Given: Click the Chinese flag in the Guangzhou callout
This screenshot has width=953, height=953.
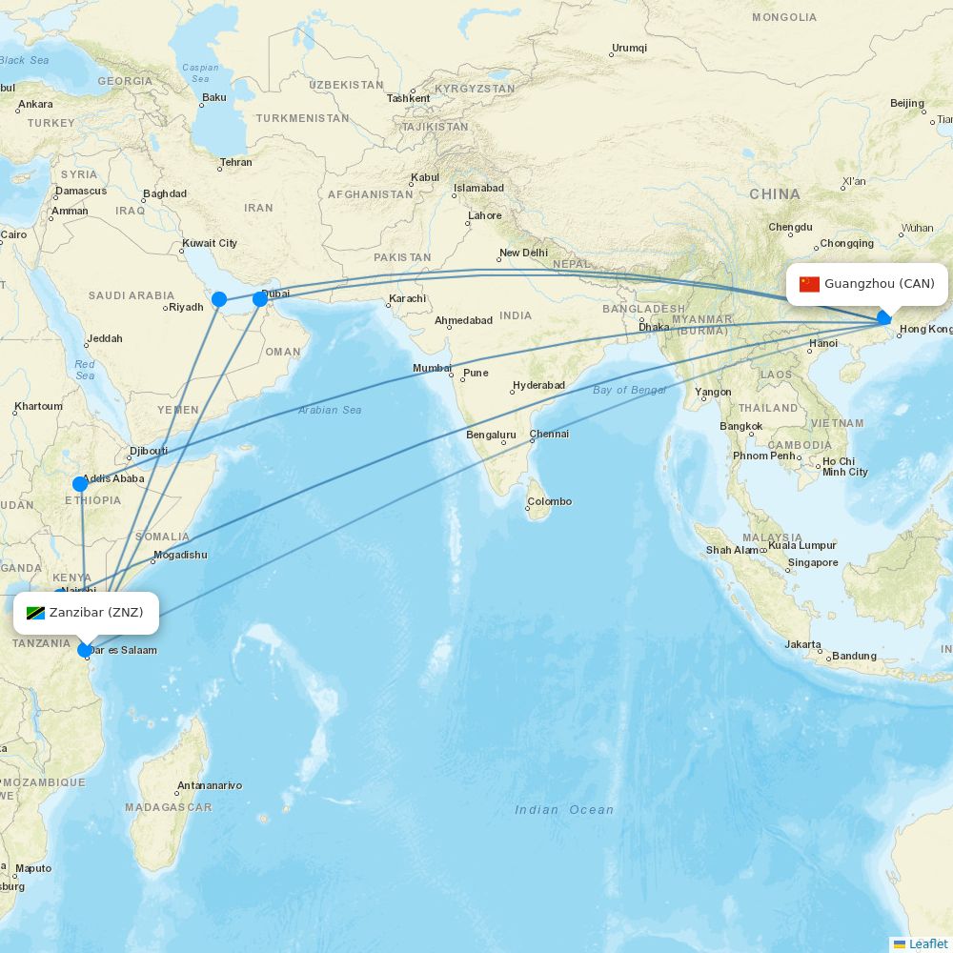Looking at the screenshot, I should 809,284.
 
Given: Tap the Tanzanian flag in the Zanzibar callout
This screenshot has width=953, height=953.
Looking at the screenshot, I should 36,613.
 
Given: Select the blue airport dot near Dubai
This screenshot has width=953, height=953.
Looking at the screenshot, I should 259,299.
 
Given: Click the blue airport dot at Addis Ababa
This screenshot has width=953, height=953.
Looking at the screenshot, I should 80,484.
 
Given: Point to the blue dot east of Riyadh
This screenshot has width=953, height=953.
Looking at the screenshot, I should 218,299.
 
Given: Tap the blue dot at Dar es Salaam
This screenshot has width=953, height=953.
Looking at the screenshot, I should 84,650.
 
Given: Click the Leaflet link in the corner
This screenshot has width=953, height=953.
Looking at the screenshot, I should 927,943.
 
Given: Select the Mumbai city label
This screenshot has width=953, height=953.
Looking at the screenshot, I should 432,369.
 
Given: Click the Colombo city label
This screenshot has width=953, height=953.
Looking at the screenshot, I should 550,501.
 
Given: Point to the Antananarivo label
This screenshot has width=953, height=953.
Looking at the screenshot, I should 209,786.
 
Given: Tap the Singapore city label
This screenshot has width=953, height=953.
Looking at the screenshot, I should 813,562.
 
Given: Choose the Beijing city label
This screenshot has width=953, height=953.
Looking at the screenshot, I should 907,103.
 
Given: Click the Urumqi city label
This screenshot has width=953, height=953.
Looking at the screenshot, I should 629,48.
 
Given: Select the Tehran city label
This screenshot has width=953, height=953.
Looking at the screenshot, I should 236,162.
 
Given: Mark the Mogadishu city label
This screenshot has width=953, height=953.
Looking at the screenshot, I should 180,555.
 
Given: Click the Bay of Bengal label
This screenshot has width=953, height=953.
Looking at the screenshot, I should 629,390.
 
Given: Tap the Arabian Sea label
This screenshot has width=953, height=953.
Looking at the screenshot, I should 330,410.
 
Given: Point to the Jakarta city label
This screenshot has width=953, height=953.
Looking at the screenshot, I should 803,645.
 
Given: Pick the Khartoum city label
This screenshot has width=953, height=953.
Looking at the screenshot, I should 38,407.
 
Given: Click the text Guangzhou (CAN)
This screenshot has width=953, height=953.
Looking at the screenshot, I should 880,284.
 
